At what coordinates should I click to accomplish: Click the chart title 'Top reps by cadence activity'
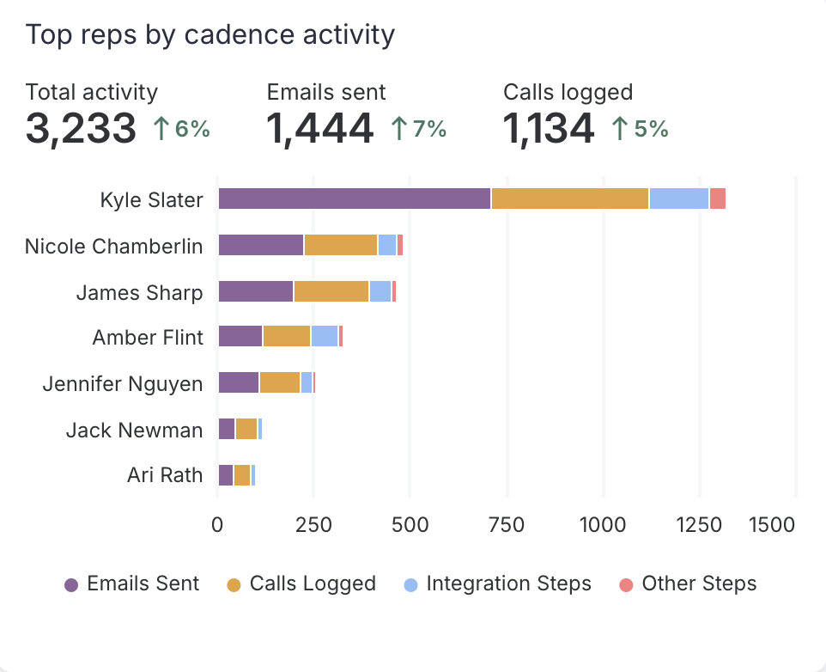(x=210, y=35)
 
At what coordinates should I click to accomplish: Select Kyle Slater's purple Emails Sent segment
(x=354, y=199)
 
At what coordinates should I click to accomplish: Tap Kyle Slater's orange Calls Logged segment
(x=569, y=199)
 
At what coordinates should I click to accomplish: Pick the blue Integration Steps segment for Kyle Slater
(x=678, y=199)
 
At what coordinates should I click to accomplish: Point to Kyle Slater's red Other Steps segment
(x=718, y=199)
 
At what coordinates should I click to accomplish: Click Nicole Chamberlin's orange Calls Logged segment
(x=341, y=245)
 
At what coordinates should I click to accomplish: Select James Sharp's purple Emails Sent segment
(x=256, y=291)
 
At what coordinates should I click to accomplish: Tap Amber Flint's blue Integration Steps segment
(x=325, y=336)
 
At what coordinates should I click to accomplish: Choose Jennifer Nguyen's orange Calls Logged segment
(x=280, y=382)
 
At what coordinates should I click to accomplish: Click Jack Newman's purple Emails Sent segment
(x=227, y=429)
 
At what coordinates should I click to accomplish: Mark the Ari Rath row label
(x=165, y=475)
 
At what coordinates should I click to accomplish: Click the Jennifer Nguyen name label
(x=123, y=383)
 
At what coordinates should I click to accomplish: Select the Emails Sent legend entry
(x=132, y=584)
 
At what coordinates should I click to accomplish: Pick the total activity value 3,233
(x=81, y=129)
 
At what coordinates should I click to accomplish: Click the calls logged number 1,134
(x=549, y=129)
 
